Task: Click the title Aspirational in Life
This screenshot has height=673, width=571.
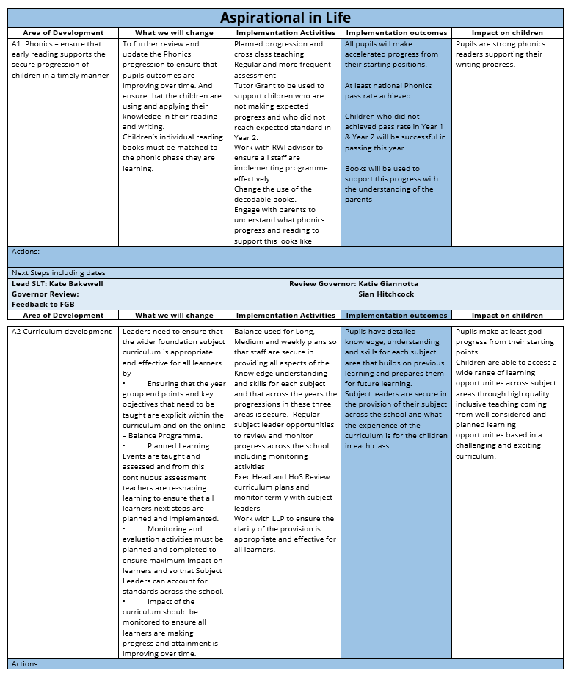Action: point(285,18)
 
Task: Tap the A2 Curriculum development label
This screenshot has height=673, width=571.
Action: point(62,332)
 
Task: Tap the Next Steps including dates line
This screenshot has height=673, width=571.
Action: point(59,272)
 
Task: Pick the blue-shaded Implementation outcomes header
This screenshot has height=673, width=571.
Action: point(396,315)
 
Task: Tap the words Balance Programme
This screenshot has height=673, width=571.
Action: point(162,435)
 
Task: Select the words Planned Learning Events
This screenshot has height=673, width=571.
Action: point(169,451)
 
